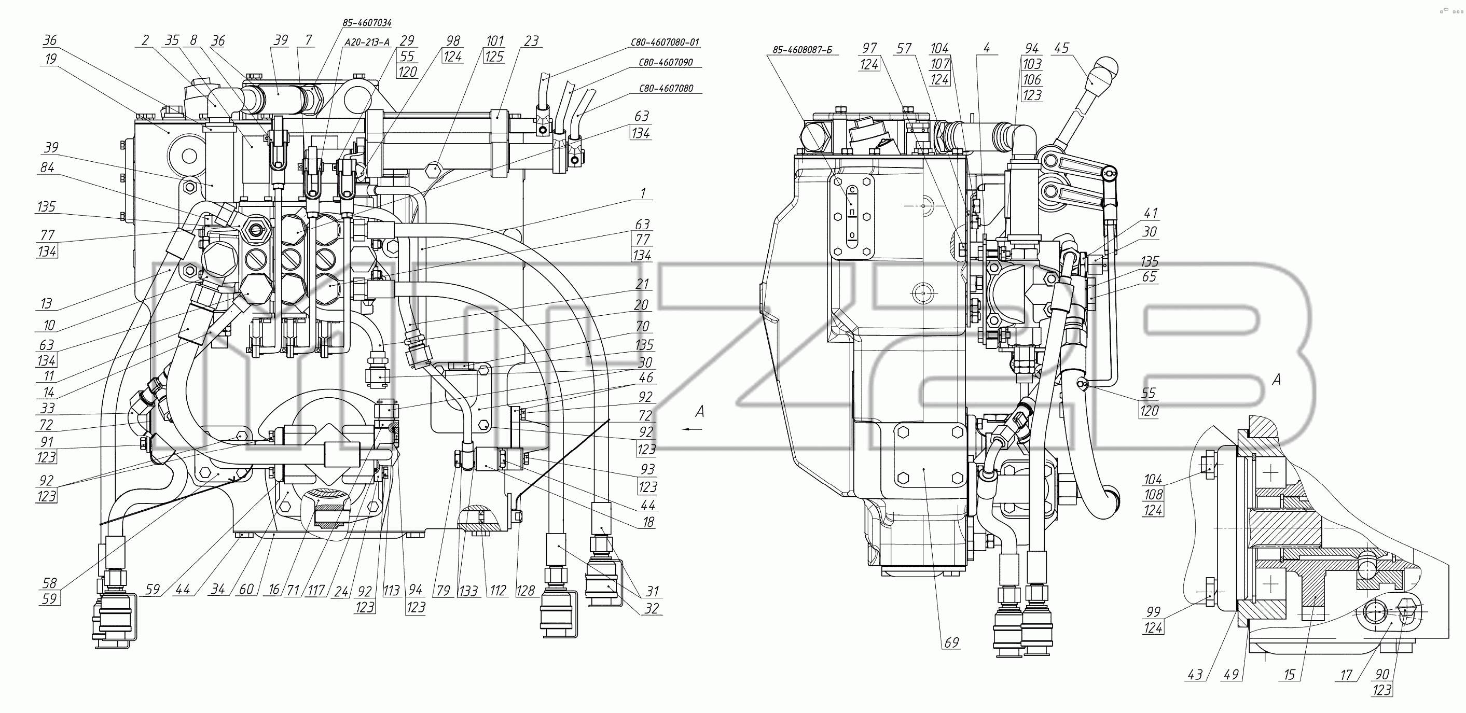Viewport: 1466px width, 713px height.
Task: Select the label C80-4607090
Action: coord(665,62)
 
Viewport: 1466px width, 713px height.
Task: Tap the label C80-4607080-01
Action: coord(665,42)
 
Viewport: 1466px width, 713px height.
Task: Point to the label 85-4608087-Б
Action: coord(802,50)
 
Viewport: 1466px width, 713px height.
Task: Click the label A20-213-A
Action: coord(367,42)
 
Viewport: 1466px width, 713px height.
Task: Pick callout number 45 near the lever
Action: coord(1061,48)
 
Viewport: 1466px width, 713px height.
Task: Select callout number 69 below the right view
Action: coord(951,642)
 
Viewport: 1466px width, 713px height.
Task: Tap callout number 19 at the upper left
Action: coord(50,59)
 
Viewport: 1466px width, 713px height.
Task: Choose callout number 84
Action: coord(47,167)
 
